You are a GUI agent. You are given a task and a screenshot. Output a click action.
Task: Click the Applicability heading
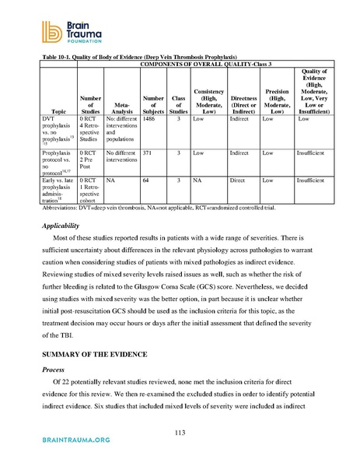65,224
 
